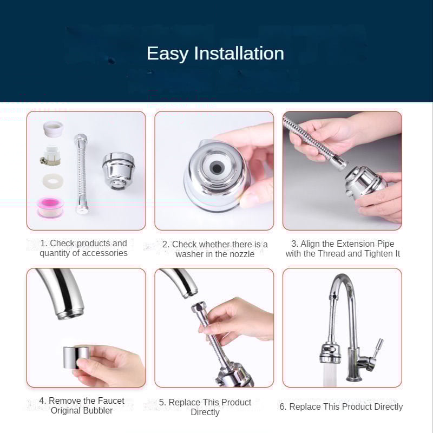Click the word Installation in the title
point(239,53)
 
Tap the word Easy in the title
point(167,54)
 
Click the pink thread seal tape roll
point(50,207)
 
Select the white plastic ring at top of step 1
point(53,129)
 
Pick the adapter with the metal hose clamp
point(50,156)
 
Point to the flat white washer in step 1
point(53,181)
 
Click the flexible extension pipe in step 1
point(81,174)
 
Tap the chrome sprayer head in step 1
point(118,171)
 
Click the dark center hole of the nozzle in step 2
point(215,167)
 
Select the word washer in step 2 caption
point(189,254)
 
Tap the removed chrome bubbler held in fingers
point(75,358)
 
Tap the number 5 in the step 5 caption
point(161,402)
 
